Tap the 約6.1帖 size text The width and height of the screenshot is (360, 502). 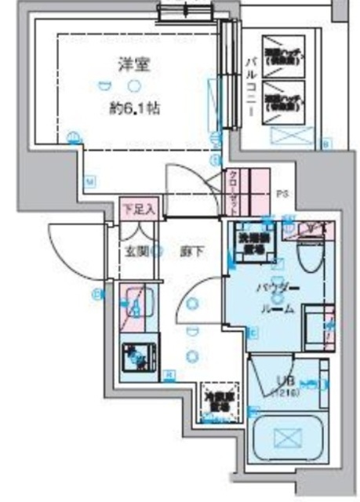click(135, 109)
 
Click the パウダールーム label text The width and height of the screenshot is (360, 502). click(276, 298)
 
